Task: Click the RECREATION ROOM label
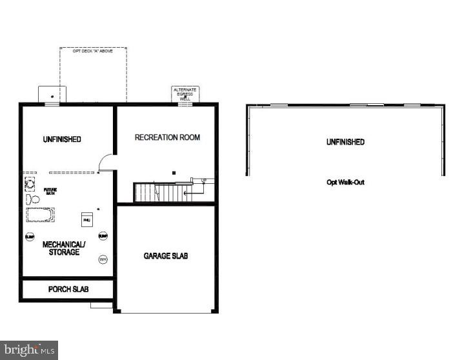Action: click(167, 137)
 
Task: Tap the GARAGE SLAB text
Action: click(166, 256)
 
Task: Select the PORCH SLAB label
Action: click(68, 289)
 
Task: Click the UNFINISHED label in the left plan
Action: click(62, 139)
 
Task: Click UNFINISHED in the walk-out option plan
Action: click(345, 142)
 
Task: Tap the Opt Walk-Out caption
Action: click(345, 183)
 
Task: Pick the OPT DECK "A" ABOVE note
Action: click(93, 51)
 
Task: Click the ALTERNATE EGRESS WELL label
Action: click(185, 94)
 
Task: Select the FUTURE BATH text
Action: click(50, 192)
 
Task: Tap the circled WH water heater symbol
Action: click(103, 259)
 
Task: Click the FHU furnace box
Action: click(86, 220)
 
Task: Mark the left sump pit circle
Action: click(30, 237)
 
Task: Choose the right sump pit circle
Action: click(103, 237)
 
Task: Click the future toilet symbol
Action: click(30, 199)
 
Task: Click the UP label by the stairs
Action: click(204, 180)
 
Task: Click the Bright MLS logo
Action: click(29, 350)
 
